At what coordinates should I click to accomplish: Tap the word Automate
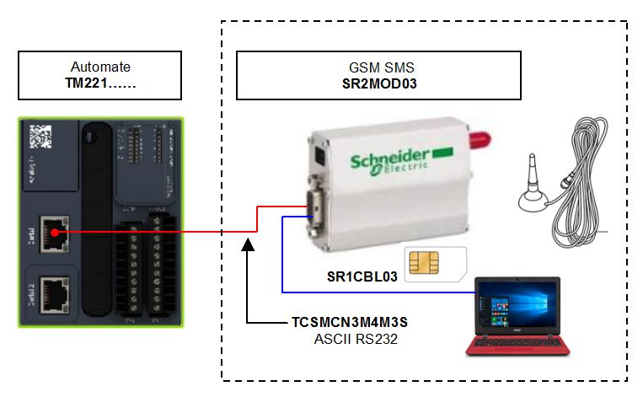[99, 67]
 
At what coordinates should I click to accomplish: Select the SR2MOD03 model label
[379, 84]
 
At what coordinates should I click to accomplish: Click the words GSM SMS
[379, 67]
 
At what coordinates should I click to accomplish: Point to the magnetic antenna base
[533, 200]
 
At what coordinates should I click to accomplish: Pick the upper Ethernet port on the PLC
[55, 228]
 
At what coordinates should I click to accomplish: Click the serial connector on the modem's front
[312, 210]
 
